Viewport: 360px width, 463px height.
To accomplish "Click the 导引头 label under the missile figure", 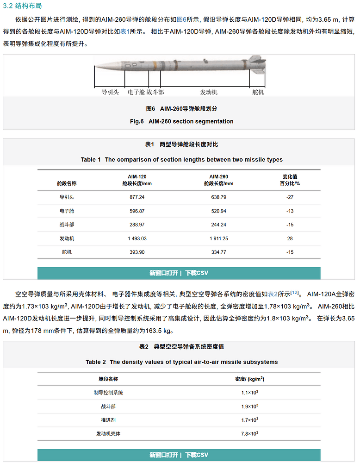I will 111,92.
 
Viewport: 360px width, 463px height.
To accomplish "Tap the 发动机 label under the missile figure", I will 209,92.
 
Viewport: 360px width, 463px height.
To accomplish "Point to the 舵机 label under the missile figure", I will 258,92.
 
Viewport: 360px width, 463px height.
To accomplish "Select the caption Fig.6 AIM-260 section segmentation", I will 182,121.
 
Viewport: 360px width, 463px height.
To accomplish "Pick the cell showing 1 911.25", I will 218,239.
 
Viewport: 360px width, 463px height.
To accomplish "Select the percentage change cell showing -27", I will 290,197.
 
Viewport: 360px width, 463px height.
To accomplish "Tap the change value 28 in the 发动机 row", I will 290,239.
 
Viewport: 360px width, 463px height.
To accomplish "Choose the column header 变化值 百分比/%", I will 290,180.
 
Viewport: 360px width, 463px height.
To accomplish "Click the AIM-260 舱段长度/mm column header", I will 218,180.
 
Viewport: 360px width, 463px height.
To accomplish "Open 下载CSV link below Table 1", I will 197,273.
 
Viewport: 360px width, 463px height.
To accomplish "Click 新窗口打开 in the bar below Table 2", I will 164,455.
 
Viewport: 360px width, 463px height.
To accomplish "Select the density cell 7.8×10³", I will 249,434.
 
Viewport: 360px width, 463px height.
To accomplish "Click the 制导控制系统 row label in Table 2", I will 108,393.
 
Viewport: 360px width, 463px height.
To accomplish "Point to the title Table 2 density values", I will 182,362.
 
